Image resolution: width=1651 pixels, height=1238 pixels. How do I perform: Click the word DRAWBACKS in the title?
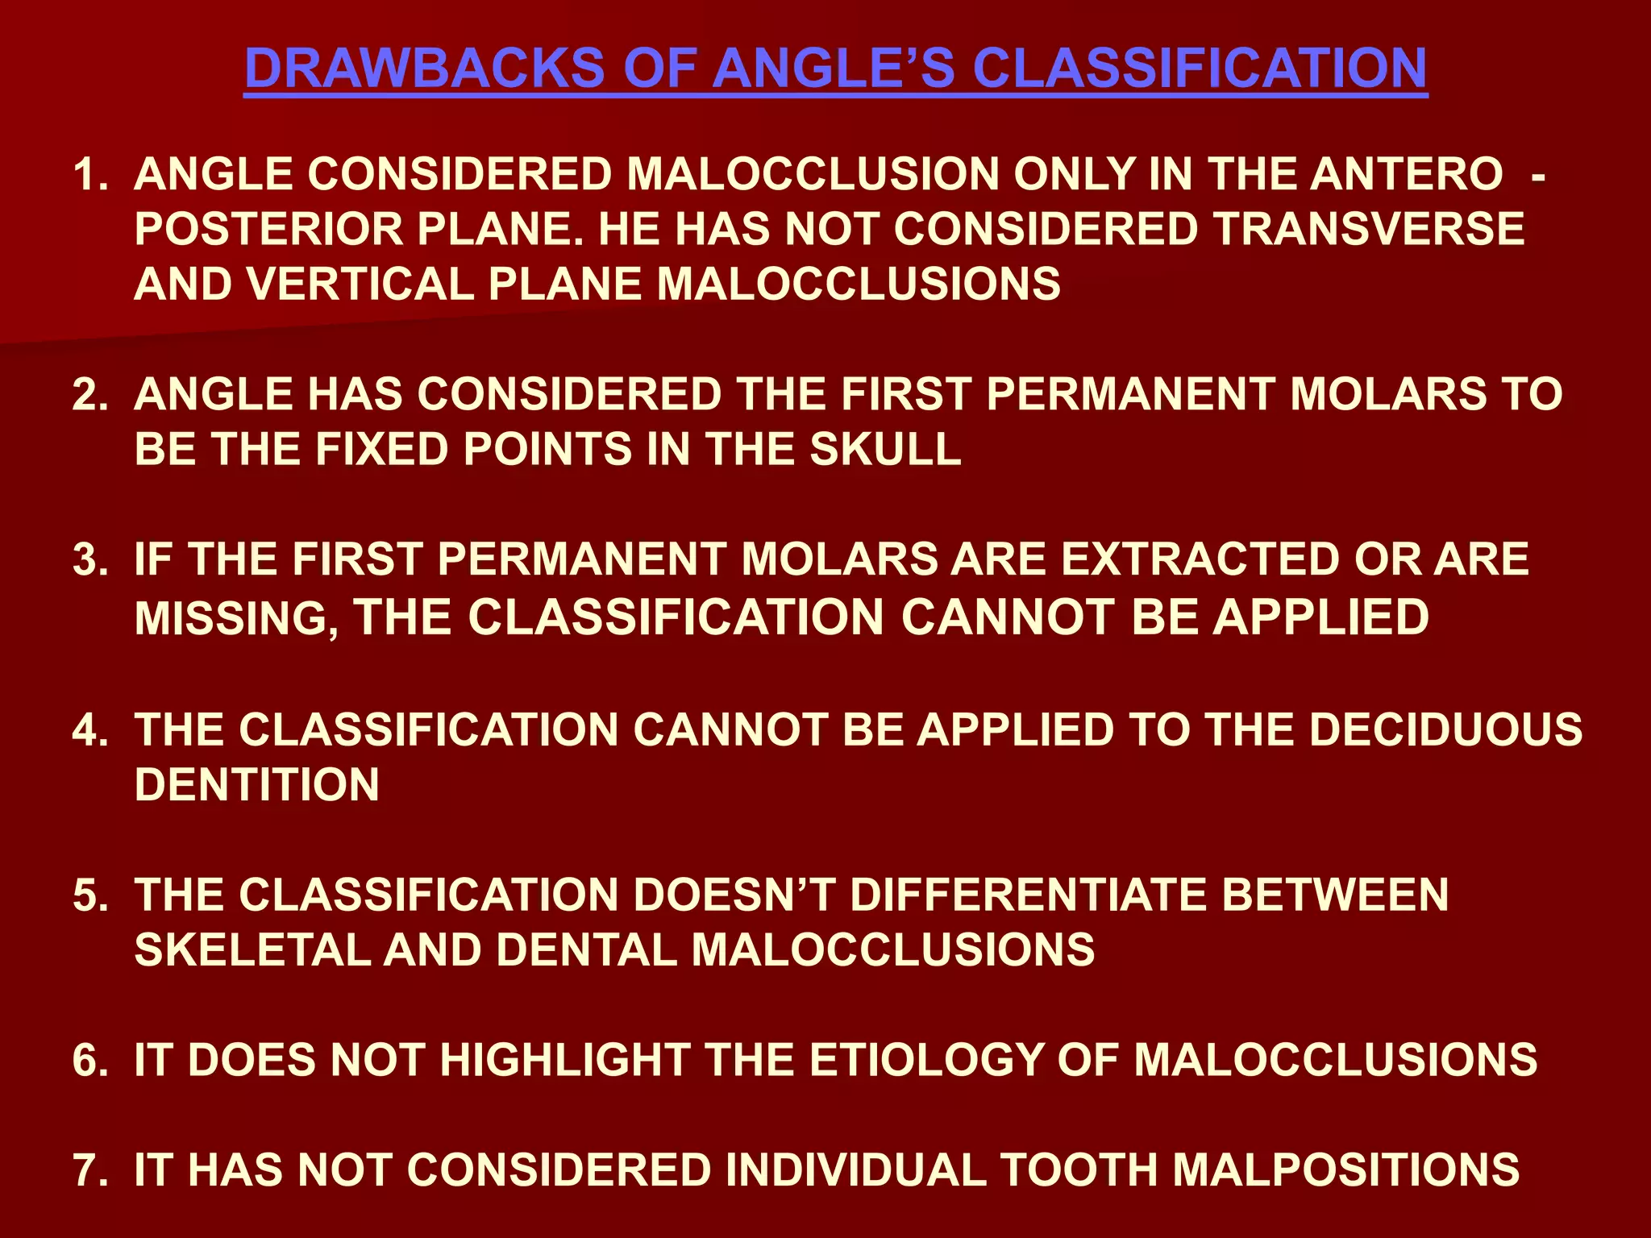pos(424,69)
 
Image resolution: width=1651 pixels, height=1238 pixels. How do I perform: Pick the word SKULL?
pos(885,449)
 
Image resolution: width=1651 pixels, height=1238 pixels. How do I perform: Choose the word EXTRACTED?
pos(1200,559)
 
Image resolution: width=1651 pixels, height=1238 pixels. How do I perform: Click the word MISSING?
pos(235,618)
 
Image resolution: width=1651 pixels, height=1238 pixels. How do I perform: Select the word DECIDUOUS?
pos(1445,729)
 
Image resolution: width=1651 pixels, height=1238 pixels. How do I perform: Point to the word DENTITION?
pos(256,784)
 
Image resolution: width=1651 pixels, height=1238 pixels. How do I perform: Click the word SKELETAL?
pos(251,949)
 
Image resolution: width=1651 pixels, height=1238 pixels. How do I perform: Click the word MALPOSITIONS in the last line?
pos(1345,1169)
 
